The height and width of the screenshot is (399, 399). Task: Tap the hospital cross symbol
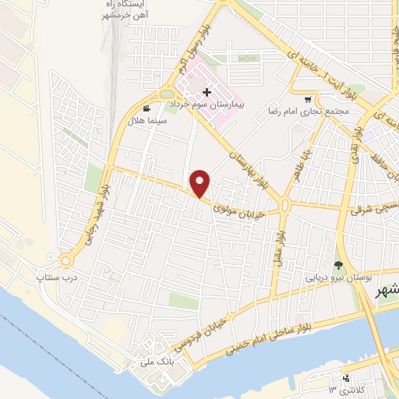tap(207, 94)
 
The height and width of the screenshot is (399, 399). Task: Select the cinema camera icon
tap(146, 109)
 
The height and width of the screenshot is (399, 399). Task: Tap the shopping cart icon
tap(308, 99)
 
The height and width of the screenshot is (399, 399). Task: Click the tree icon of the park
tap(338, 265)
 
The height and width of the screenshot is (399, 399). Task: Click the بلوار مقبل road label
tap(281, 243)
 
